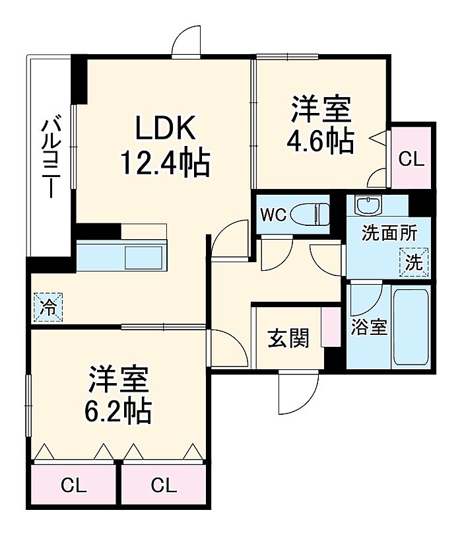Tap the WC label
(x=273, y=216)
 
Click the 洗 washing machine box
(x=414, y=262)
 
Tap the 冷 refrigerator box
(x=48, y=306)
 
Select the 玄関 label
(x=288, y=339)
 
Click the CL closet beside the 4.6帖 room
(x=411, y=159)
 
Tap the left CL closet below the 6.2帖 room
(x=74, y=487)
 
